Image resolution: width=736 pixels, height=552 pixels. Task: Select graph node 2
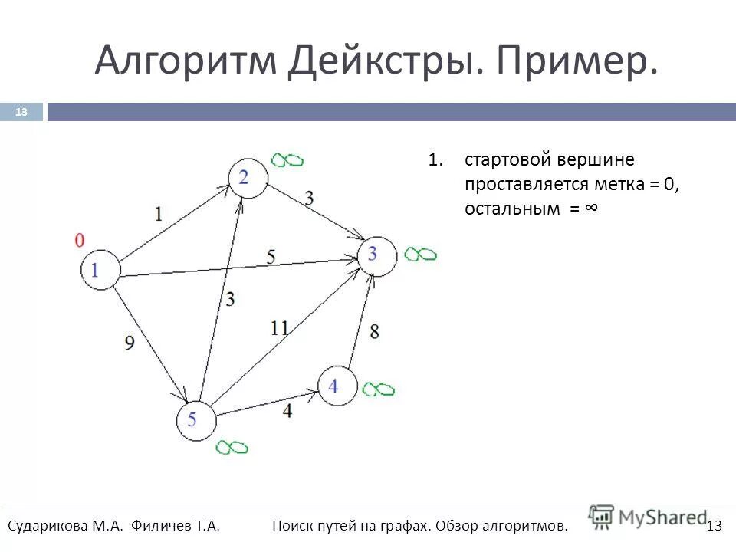click(247, 178)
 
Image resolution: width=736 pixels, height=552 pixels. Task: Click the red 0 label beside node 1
click(79, 241)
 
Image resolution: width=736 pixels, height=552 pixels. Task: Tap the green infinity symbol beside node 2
click(287, 159)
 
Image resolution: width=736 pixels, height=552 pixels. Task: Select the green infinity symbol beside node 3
click(420, 254)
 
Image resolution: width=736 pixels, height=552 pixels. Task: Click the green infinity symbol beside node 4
click(379, 389)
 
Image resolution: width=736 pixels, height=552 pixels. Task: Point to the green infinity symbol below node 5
click(232, 446)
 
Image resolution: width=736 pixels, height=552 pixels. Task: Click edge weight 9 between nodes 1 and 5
click(130, 342)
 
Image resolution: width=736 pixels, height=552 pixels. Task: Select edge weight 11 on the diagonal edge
click(279, 328)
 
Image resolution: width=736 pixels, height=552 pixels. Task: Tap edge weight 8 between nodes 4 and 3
click(374, 331)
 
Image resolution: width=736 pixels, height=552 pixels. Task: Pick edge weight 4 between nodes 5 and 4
click(287, 411)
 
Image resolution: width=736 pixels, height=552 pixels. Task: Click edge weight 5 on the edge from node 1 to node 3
click(271, 257)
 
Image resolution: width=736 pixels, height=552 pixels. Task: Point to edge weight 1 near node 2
click(158, 214)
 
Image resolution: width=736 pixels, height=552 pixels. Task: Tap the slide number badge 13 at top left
click(21, 113)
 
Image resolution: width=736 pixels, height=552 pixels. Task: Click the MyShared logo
click(648, 517)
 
